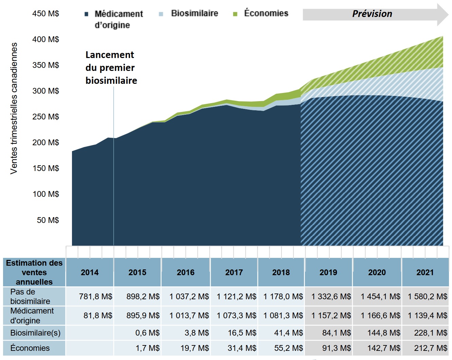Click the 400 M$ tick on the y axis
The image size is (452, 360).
tap(46, 39)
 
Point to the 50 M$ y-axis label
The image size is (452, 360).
tap(48, 220)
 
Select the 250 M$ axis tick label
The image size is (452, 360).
tap(46, 117)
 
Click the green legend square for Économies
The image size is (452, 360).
tap(235, 14)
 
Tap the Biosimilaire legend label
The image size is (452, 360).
tap(194, 14)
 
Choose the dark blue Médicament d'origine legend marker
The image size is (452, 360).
tap(87, 14)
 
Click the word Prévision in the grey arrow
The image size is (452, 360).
tap(372, 14)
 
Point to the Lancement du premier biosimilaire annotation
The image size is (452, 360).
tap(111, 68)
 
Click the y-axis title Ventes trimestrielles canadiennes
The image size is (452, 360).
tap(14, 109)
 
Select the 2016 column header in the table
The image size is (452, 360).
tap(185, 272)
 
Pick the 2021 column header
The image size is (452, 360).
tap(425, 272)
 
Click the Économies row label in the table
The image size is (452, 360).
tap(30, 348)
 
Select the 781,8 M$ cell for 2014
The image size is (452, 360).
tap(95, 297)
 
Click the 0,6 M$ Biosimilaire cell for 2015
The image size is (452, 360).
tap(147, 333)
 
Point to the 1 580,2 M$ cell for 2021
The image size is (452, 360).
tap(428, 297)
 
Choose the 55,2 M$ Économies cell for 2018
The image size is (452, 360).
tap(288, 348)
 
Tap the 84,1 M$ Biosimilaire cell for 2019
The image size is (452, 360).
tap(337, 333)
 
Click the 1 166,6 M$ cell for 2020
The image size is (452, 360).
tap(380, 316)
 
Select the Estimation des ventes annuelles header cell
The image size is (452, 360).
tap(34, 272)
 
